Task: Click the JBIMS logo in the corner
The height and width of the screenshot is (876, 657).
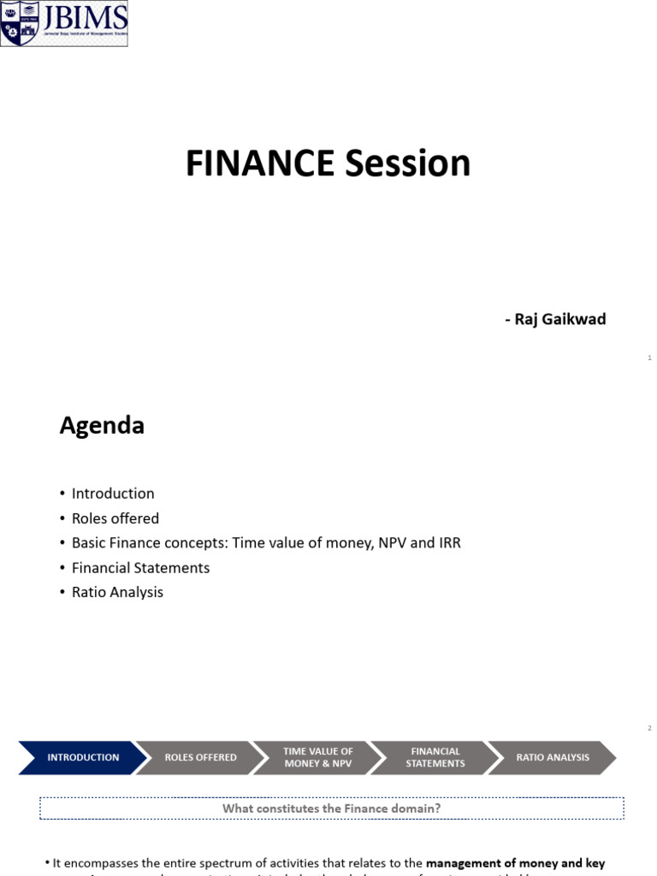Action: click(x=64, y=23)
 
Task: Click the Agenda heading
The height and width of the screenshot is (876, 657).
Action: click(x=102, y=425)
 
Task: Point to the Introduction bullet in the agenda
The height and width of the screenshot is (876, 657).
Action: click(x=113, y=494)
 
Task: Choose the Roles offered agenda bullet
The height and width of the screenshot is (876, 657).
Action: click(x=115, y=518)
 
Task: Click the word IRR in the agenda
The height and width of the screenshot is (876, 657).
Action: click(x=447, y=543)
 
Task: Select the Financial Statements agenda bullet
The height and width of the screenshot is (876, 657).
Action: click(x=140, y=568)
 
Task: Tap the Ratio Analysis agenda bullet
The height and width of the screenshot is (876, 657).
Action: click(x=117, y=592)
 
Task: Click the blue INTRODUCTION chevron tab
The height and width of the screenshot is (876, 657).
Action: click(x=83, y=757)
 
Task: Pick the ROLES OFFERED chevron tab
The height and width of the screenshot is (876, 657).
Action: click(x=200, y=757)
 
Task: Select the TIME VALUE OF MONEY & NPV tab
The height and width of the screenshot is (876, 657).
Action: click(x=318, y=757)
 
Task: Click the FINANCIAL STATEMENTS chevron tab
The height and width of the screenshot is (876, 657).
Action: click(x=435, y=757)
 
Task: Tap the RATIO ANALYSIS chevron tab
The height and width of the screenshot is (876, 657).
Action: click(x=553, y=757)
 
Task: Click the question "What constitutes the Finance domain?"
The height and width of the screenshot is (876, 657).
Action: click(x=331, y=808)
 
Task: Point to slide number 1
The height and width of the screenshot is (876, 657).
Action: click(x=650, y=358)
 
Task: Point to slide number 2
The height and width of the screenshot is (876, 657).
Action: click(x=650, y=728)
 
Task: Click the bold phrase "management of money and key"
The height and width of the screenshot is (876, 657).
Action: click(x=515, y=863)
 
